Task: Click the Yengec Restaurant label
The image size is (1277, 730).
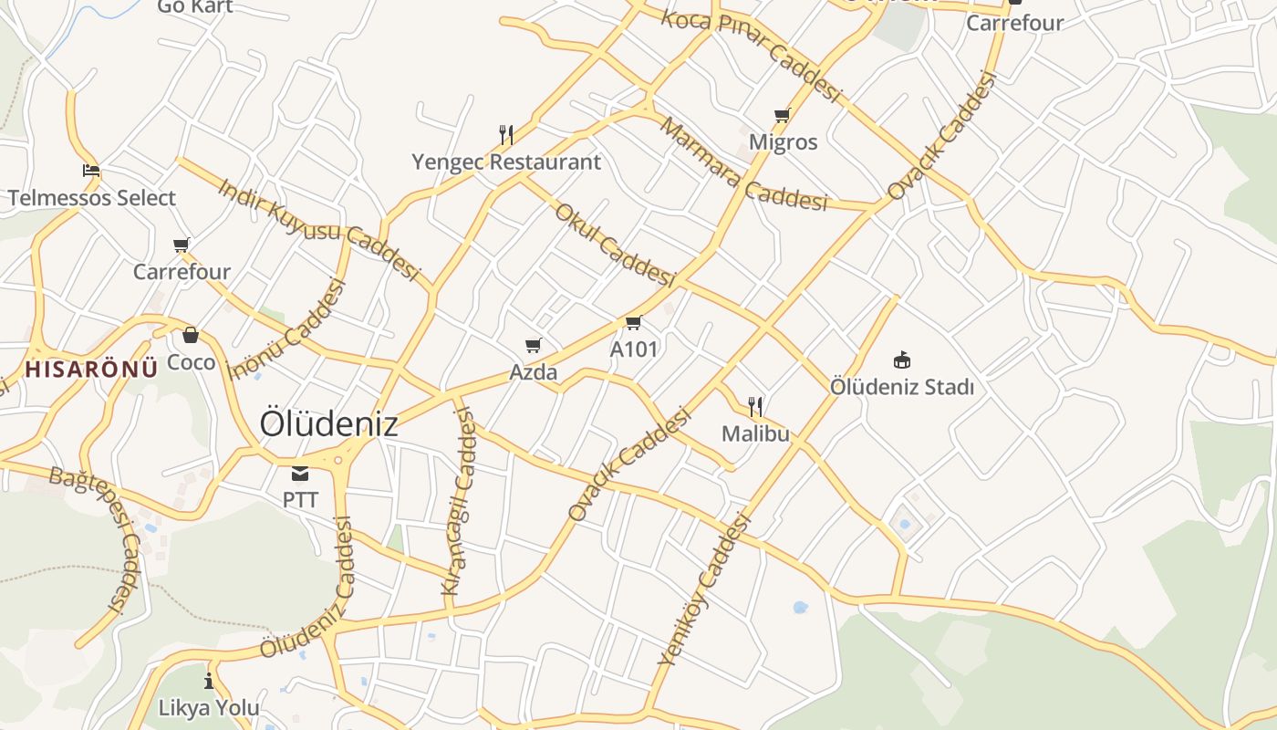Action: [506, 162]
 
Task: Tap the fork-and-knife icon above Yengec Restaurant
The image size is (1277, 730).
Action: [506, 135]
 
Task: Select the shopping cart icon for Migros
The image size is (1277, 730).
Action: [782, 116]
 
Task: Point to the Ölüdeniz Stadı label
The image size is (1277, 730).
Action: [901, 387]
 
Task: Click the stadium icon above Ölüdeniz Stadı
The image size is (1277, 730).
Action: [902, 360]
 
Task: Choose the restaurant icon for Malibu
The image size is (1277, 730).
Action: [755, 406]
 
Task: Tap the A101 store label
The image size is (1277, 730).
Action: [634, 349]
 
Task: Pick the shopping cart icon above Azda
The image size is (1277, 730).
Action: [534, 345]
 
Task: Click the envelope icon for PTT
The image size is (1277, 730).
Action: [300, 474]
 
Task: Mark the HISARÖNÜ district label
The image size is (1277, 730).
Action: [91, 370]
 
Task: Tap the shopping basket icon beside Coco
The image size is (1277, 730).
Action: [191, 336]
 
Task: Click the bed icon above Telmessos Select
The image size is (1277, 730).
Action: [91, 171]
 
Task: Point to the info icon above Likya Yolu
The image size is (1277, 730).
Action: [209, 681]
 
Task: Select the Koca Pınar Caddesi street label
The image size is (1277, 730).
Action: [750, 55]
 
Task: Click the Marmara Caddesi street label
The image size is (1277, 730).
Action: [742, 164]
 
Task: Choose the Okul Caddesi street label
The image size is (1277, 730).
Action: [615, 244]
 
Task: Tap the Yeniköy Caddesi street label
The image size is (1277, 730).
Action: [703, 589]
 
